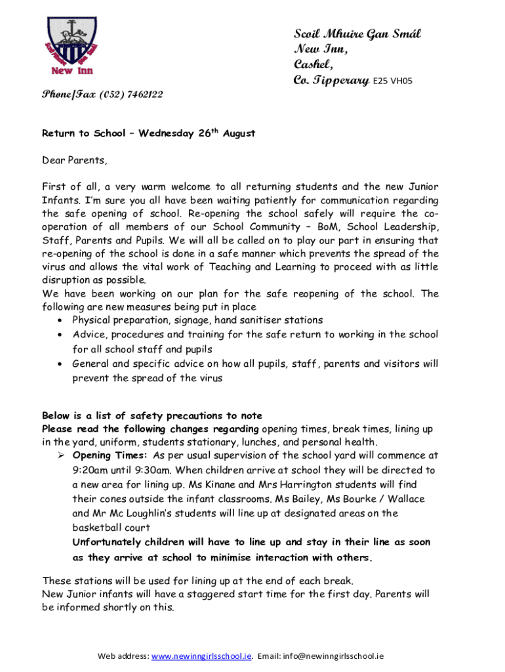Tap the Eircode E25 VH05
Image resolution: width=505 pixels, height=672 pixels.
point(392,82)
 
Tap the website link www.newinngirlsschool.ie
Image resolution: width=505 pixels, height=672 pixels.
point(201,656)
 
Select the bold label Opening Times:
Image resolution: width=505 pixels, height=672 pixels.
point(110,455)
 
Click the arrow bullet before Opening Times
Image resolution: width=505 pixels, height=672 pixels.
point(60,455)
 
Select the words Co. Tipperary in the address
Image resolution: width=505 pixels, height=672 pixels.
point(331,81)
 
